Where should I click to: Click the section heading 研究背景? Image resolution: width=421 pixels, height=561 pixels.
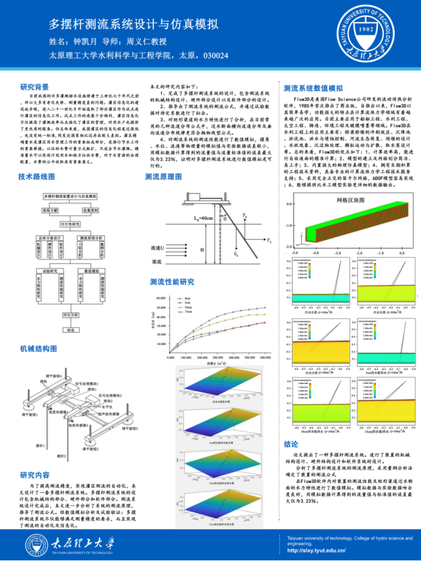point(34,87)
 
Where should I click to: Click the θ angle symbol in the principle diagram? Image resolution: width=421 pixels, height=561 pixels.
point(225,218)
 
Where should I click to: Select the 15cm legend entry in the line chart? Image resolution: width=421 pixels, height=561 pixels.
point(189,312)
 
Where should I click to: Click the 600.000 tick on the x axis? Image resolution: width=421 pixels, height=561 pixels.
point(265,358)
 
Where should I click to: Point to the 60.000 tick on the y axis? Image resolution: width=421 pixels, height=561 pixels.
point(162,298)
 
